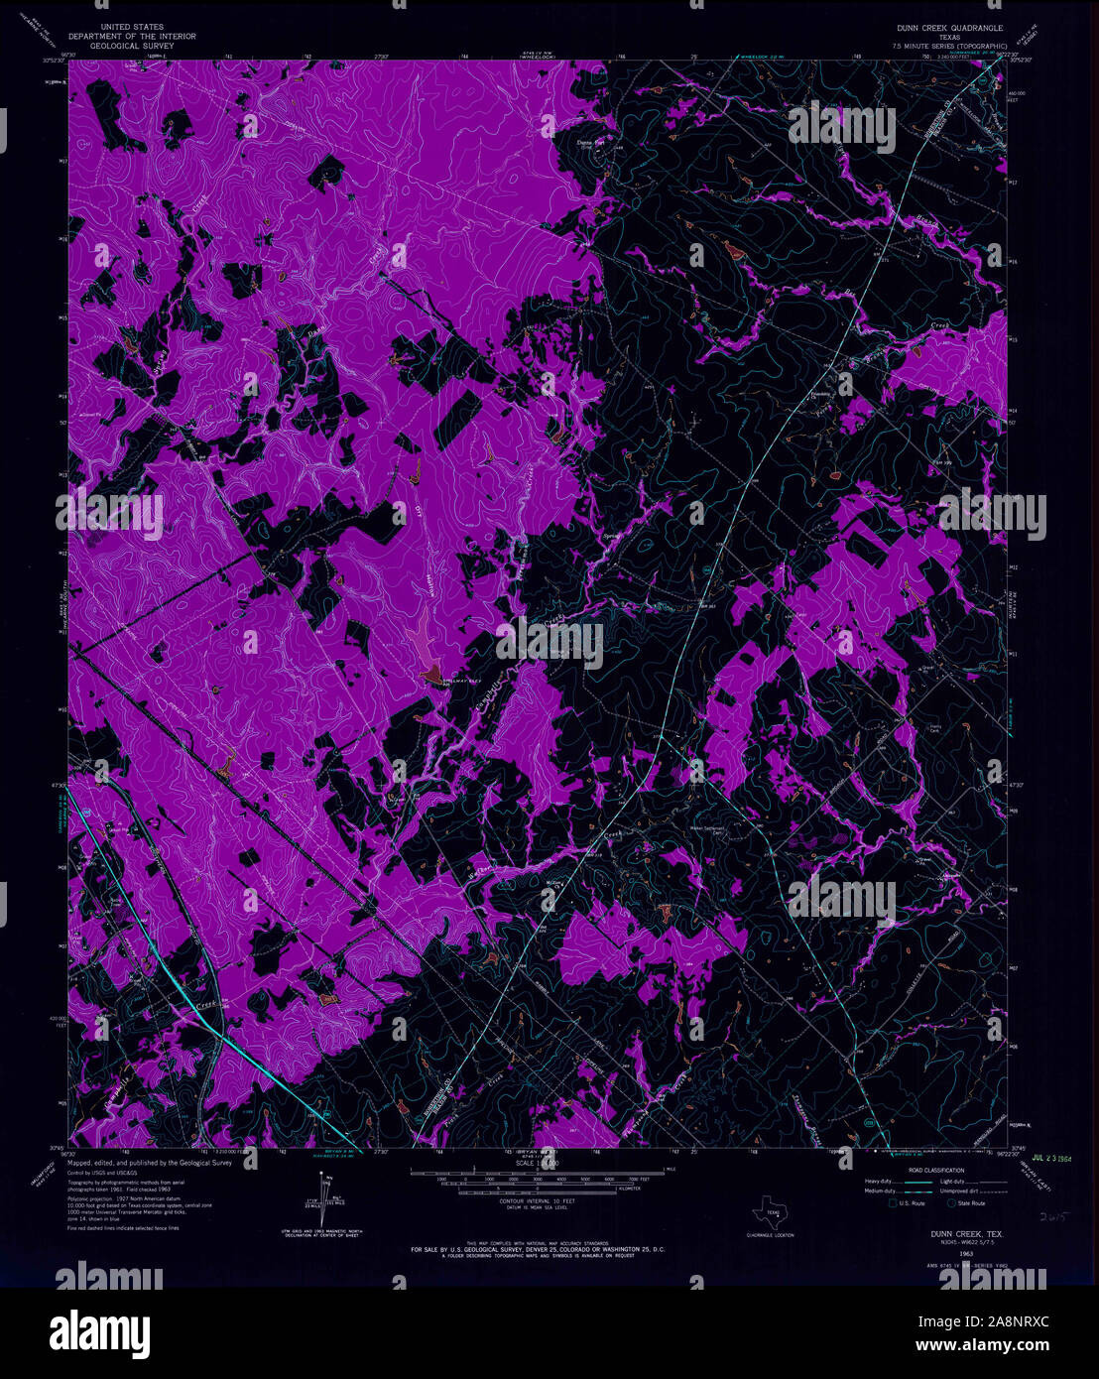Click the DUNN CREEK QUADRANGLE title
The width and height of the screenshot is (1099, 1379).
point(950,28)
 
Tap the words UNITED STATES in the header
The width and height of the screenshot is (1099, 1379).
point(132,27)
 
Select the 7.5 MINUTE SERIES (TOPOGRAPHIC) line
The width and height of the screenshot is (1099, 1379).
point(950,46)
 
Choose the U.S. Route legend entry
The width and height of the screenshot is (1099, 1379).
point(912,1203)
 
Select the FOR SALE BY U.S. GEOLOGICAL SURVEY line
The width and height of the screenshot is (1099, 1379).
point(538,1248)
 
